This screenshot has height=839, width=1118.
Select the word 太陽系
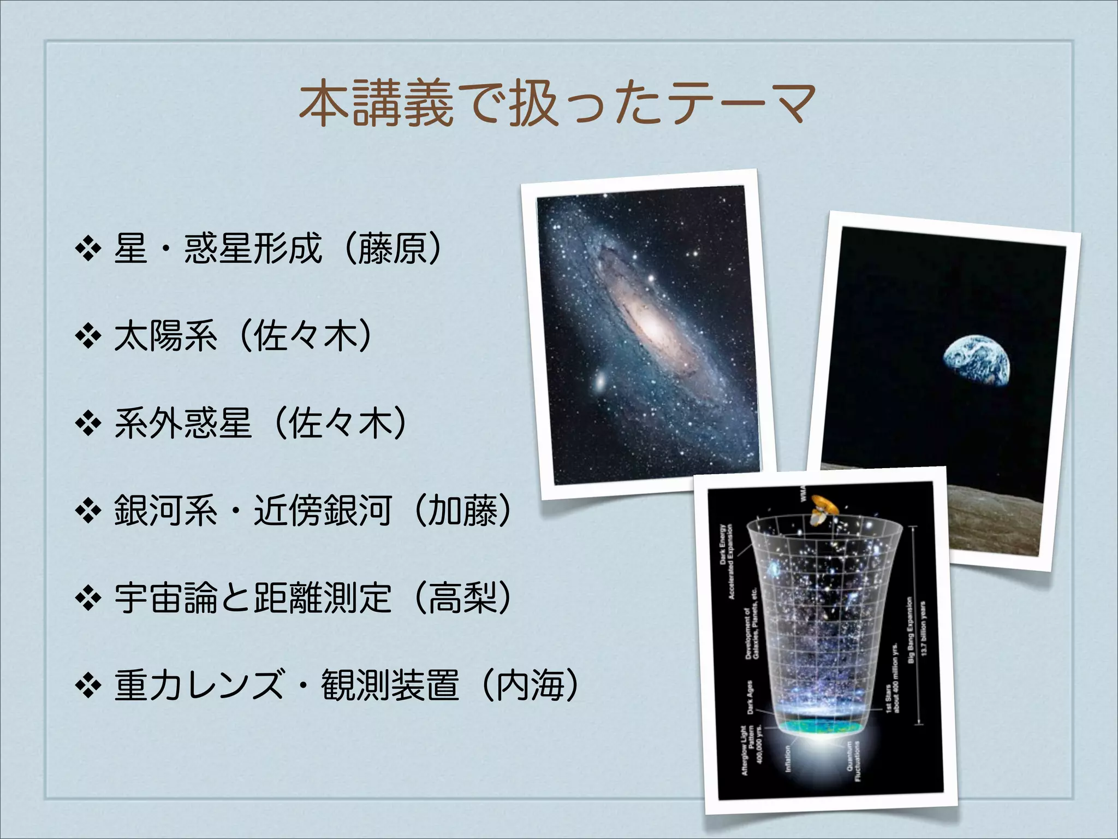click(x=165, y=336)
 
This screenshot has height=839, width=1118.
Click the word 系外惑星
click(x=183, y=424)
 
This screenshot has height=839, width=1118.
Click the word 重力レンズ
click(x=199, y=686)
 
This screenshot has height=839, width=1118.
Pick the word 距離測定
click(x=322, y=599)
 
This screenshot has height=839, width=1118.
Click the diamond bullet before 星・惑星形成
click(x=88, y=250)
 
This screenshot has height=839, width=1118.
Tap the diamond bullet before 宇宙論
click(x=88, y=599)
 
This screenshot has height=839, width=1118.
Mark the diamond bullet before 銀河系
click(x=88, y=512)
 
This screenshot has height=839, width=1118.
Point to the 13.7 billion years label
click(x=923, y=628)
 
